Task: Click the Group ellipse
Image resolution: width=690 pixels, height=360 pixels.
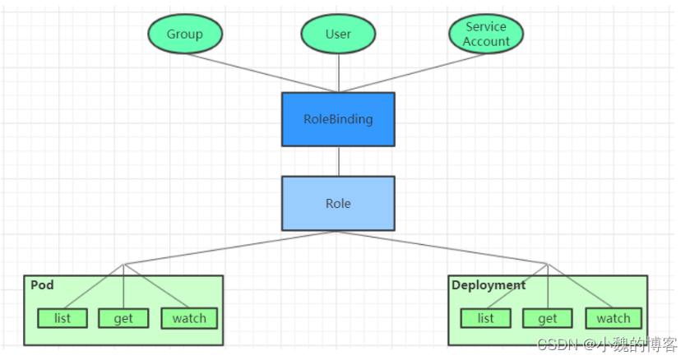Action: (185, 35)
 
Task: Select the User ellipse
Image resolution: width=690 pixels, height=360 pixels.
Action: (338, 35)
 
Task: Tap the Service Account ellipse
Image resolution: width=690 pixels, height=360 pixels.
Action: (486, 35)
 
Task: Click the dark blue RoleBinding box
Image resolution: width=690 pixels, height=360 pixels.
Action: (338, 119)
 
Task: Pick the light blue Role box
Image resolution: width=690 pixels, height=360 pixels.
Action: (338, 203)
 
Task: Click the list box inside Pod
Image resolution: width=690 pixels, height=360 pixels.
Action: (62, 318)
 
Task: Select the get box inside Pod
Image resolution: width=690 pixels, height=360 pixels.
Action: (123, 318)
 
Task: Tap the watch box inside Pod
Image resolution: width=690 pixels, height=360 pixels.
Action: (189, 318)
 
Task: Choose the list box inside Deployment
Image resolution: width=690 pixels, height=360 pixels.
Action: (486, 318)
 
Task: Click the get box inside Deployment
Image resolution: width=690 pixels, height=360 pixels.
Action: (548, 318)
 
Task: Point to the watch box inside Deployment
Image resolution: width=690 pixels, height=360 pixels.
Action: (614, 318)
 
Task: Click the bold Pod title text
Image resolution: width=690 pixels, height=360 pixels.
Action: (42, 285)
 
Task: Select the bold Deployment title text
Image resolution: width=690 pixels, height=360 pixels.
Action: (488, 285)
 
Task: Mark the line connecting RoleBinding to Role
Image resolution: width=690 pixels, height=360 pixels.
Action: (338, 161)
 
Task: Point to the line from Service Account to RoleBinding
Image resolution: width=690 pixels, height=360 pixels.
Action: (411, 73)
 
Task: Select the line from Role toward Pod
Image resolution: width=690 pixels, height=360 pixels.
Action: (230, 247)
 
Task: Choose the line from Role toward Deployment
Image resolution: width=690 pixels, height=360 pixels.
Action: (444, 247)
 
